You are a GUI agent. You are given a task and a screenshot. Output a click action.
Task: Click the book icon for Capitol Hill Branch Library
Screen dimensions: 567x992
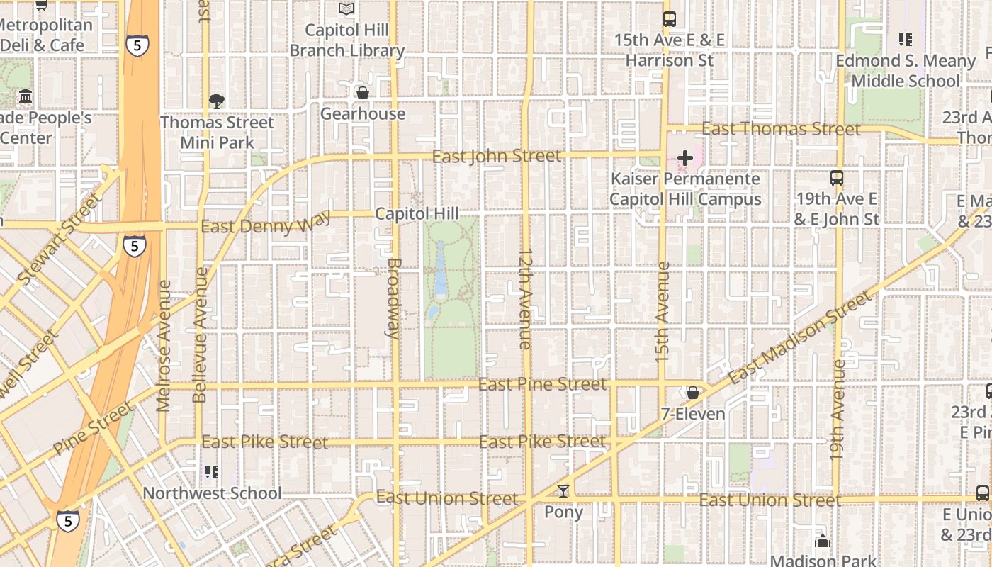[346, 9]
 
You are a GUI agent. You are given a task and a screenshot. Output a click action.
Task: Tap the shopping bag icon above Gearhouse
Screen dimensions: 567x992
[362, 93]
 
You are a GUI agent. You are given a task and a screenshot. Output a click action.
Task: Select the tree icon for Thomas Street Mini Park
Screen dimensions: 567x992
[217, 101]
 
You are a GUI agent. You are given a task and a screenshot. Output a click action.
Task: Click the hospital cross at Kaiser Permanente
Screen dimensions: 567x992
[685, 158]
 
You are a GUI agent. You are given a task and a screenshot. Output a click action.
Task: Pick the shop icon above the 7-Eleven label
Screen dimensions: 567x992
[692, 393]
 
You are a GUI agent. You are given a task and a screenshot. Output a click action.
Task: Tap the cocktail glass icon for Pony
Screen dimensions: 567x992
[563, 490]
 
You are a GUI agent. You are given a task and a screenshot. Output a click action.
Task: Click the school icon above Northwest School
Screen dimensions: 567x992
[211, 471]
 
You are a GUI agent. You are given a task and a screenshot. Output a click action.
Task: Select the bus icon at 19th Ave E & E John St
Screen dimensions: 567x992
[837, 178]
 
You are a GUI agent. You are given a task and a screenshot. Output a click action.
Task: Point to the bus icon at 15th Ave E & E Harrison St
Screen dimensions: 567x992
[669, 19]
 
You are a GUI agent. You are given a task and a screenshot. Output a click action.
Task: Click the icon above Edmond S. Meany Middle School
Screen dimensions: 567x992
[905, 40]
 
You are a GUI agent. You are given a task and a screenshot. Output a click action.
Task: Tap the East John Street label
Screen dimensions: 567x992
[496, 156]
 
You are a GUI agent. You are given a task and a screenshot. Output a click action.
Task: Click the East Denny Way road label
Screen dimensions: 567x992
[266, 226]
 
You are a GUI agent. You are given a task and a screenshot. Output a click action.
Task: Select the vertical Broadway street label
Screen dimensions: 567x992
[394, 297]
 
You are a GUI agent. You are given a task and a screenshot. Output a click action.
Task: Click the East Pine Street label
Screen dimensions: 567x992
[543, 384]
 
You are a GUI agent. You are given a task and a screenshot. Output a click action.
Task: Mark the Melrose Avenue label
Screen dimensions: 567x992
[164, 345]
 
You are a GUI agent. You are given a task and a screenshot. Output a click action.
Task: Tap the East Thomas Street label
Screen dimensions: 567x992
[781, 129]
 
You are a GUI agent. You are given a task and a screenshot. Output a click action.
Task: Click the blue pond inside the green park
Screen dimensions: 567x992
[440, 269]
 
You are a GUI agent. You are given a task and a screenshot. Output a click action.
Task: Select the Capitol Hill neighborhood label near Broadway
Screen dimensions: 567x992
[417, 213]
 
